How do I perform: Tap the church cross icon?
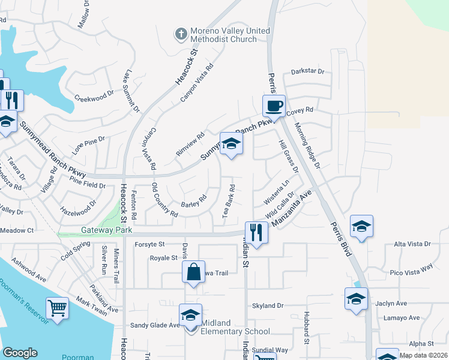pyautogui.click(x=181, y=34)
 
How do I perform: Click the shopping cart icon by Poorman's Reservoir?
pyautogui.click(x=57, y=308)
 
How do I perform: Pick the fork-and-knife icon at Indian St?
pyautogui.click(x=256, y=232)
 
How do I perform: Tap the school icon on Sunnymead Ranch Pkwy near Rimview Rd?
pyautogui.click(x=231, y=143)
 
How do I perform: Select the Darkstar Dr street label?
pyautogui.click(x=307, y=71)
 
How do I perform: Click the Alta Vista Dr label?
pyautogui.click(x=411, y=244)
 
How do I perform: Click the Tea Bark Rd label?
pyautogui.click(x=228, y=205)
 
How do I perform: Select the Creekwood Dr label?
pyautogui.click(x=94, y=96)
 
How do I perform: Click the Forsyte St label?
pyautogui.click(x=149, y=244)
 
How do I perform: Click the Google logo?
pyautogui.click(x=20, y=353)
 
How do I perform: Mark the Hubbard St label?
pyautogui.click(x=306, y=328)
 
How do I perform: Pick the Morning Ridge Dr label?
pyautogui.click(x=307, y=145)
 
